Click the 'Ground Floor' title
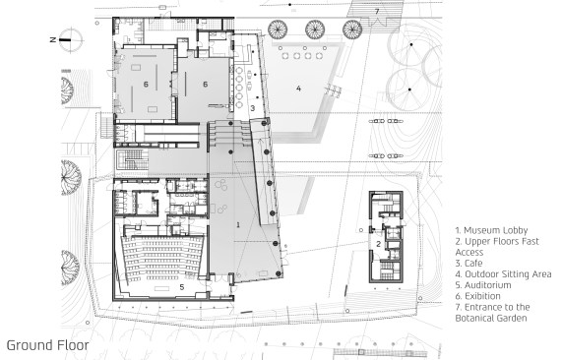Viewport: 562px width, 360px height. (x=47, y=345)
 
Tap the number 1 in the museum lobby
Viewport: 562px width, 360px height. (x=238, y=225)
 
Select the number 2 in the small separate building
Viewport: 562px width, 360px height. (x=379, y=244)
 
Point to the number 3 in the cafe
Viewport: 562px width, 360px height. (x=252, y=108)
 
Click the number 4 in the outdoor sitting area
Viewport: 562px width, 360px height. (x=298, y=89)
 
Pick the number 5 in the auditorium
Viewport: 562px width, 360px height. (x=182, y=287)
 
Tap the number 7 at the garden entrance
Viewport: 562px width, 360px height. (x=377, y=12)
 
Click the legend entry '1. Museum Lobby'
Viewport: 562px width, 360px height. (x=491, y=230)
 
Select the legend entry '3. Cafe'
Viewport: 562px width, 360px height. (x=468, y=264)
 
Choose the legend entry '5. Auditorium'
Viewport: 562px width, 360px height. (x=483, y=285)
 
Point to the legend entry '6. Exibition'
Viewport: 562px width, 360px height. (x=477, y=296)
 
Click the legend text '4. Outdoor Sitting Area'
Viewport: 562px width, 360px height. (x=503, y=274)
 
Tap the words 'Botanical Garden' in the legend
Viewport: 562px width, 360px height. (x=491, y=318)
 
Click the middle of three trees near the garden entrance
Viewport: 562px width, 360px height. (x=315, y=30)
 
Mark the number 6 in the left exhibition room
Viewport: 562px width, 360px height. (x=146, y=85)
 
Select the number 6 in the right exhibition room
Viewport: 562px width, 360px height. (x=205, y=85)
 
